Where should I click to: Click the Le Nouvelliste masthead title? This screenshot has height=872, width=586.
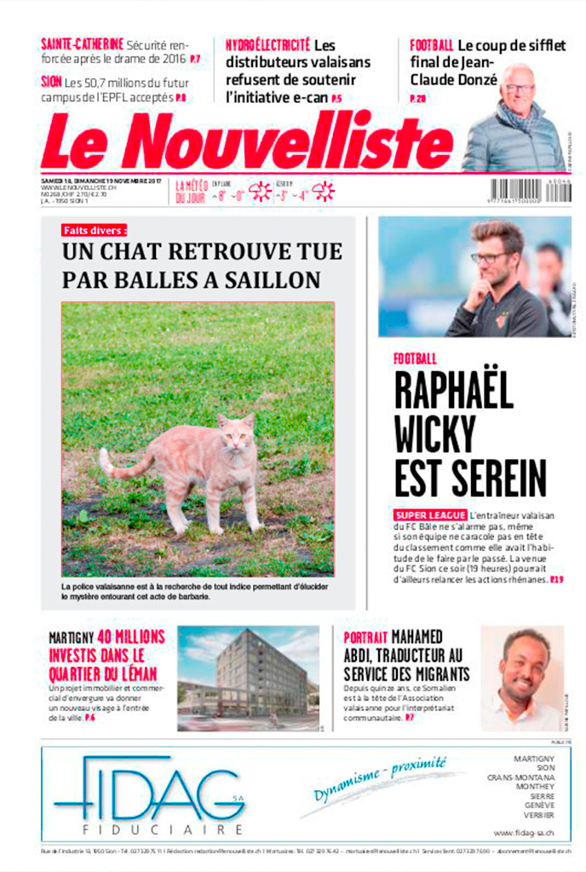point(247,141)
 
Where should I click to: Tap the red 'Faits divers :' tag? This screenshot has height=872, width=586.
point(95,230)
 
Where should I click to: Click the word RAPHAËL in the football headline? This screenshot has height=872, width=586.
point(453,392)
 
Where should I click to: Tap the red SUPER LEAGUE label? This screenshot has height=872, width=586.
point(430,515)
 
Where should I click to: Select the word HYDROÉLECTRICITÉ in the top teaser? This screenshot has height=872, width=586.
point(267,44)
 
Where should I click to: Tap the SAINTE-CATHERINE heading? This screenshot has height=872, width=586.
point(83,43)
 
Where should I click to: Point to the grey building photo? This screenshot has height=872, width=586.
point(248,679)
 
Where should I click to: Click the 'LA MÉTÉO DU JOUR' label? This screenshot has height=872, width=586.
point(191,192)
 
